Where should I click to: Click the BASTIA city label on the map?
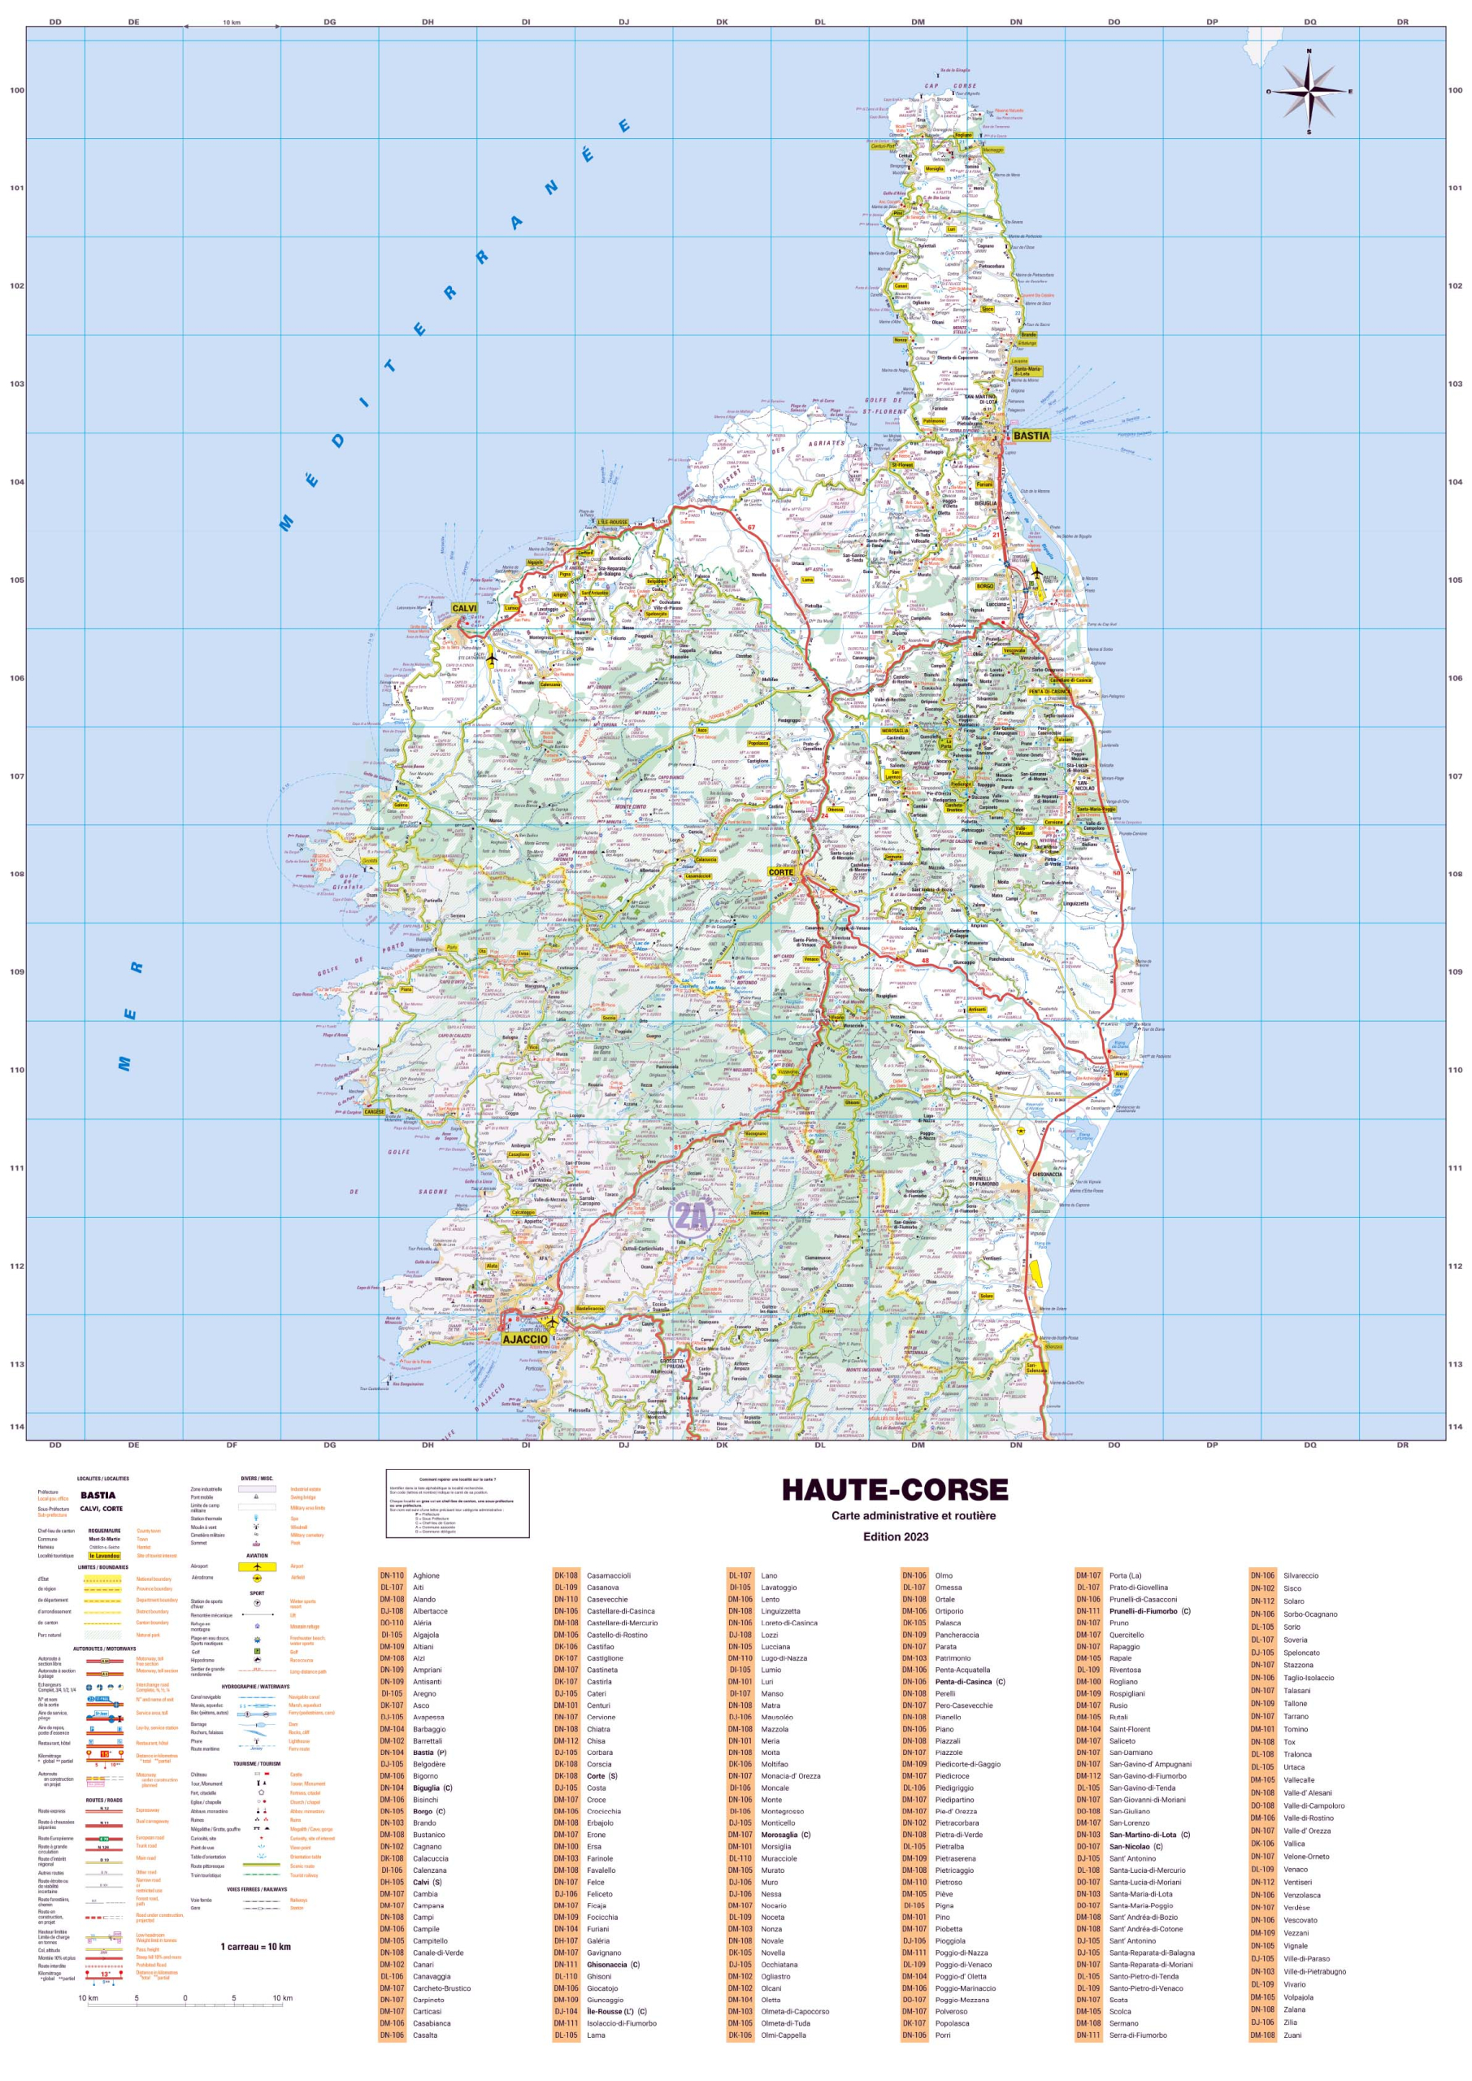(1031, 435)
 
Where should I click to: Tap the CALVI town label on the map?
(463, 608)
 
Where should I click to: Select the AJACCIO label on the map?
(525, 1339)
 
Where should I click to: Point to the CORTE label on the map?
(780, 872)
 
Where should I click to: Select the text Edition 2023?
(895, 1536)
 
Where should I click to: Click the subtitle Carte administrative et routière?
(913, 1515)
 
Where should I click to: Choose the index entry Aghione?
(426, 1575)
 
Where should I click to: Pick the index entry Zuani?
(1292, 2035)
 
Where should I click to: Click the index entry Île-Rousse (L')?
(616, 2011)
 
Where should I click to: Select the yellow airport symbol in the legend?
(257, 1566)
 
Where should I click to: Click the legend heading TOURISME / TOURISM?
(257, 1764)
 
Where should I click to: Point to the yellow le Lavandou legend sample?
(104, 1555)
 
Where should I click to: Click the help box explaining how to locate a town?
(457, 1504)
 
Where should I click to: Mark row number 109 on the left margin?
(16, 971)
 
